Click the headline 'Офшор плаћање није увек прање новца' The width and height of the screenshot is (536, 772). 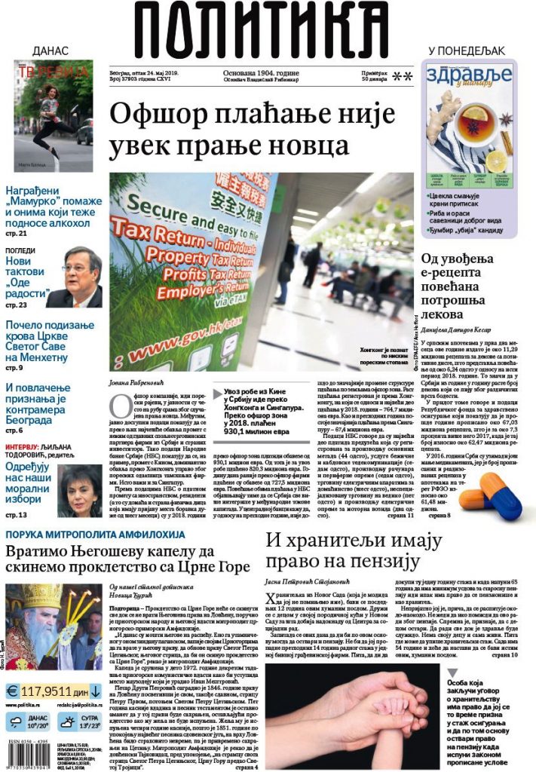[x=252, y=130]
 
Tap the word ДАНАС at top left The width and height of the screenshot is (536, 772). [x=51, y=51]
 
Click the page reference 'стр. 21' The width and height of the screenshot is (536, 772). [x=16, y=233]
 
